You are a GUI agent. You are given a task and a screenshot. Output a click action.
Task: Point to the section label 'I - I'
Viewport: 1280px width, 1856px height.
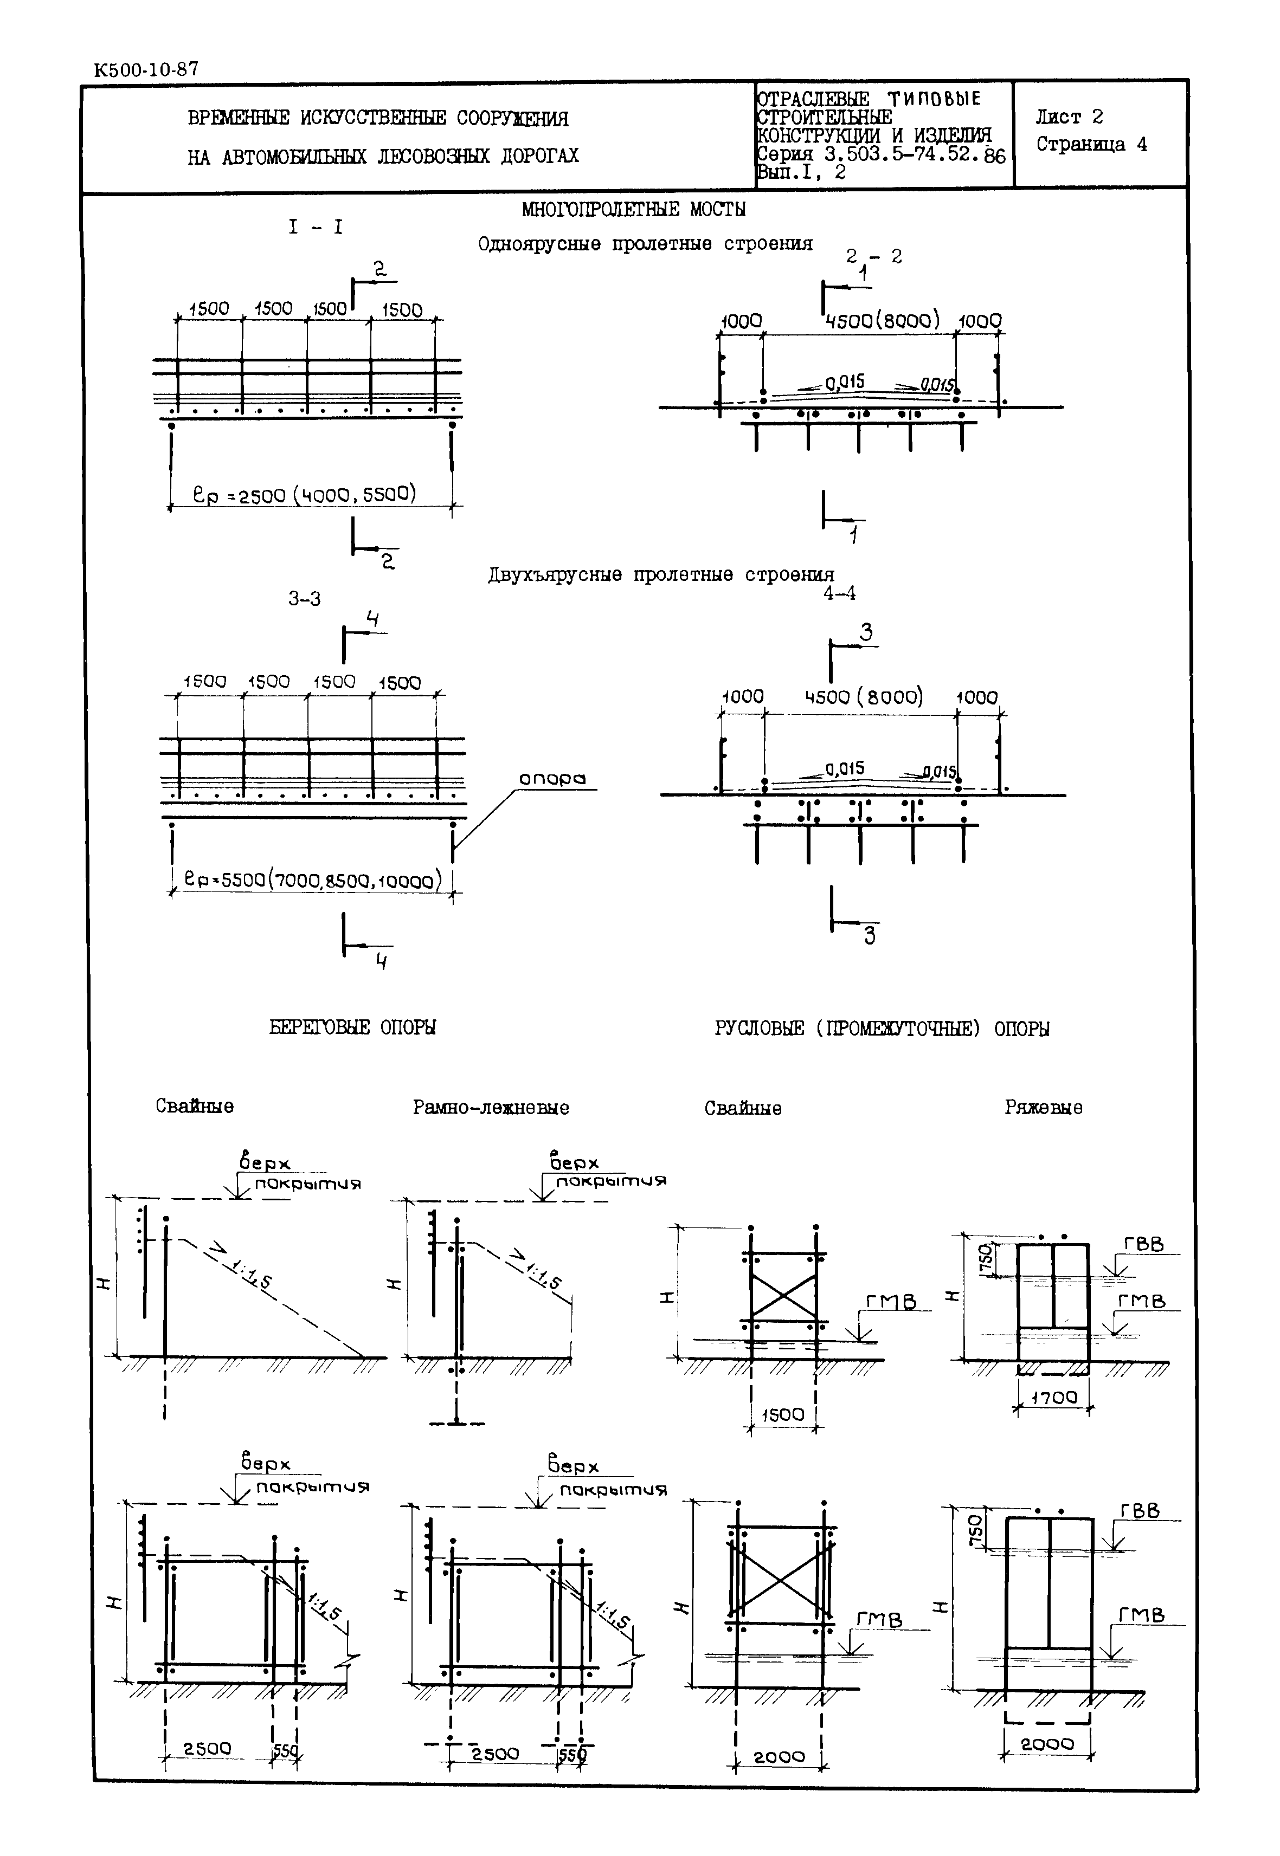click(x=315, y=228)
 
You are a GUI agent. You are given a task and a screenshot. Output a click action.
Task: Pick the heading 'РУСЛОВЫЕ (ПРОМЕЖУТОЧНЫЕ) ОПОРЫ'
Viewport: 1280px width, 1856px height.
click(x=882, y=1029)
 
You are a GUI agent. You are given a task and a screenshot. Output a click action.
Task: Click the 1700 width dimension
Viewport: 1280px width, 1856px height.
click(x=1054, y=1398)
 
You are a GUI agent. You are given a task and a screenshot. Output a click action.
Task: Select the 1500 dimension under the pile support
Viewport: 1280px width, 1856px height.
click(x=782, y=1414)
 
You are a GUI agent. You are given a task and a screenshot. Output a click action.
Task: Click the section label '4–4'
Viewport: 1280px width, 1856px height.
click(x=839, y=593)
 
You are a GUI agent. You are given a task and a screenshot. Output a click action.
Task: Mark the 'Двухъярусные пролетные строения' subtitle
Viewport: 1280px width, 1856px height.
click(x=661, y=575)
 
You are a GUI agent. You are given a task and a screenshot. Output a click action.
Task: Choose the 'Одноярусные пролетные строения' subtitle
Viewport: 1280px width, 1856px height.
click(x=645, y=244)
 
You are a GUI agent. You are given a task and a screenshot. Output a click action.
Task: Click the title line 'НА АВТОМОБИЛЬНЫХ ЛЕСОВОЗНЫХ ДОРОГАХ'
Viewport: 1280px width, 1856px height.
click(x=383, y=156)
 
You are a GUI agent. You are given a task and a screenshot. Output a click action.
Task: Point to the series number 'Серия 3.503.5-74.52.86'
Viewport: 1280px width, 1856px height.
click(x=880, y=155)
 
